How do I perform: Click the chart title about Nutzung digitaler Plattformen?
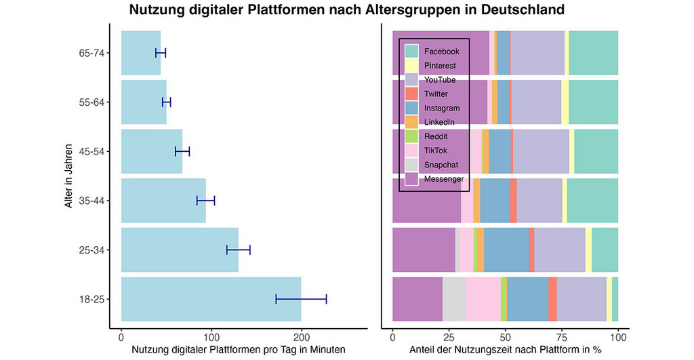click(x=347, y=10)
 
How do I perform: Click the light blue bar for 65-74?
click(x=140, y=53)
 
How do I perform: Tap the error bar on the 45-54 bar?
click(x=182, y=151)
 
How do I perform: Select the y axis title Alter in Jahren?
click(x=70, y=176)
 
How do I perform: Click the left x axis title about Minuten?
click(x=233, y=350)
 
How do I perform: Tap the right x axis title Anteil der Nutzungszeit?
click(x=505, y=350)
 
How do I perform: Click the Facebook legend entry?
click(x=441, y=52)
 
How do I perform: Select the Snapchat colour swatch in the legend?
click(x=411, y=165)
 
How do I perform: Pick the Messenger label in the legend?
click(x=444, y=179)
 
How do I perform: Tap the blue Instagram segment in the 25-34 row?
click(x=506, y=250)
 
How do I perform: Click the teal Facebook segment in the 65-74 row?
click(x=593, y=53)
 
